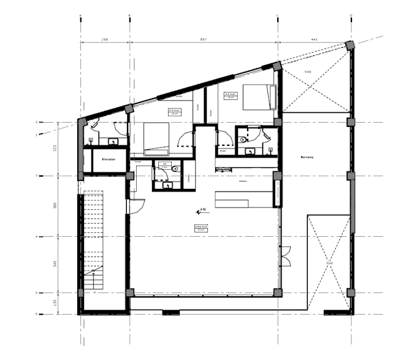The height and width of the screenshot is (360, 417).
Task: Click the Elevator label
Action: [110, 159]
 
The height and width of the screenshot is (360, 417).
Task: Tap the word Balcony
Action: [307, 157]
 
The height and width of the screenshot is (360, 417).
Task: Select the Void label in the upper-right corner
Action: [308, 72]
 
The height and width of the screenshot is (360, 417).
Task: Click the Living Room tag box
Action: [201, 228]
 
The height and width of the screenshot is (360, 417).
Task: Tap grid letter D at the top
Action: [351, 15]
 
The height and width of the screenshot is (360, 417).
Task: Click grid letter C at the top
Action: [278, 15]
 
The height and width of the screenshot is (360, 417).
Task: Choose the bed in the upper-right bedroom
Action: [258, 96]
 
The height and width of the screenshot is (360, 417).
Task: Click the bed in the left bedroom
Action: [156, 139]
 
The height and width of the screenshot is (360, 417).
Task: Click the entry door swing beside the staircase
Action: [136, 207]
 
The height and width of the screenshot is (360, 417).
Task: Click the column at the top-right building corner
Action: [350, 46]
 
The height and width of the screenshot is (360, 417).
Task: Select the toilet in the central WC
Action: [175, 169]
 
